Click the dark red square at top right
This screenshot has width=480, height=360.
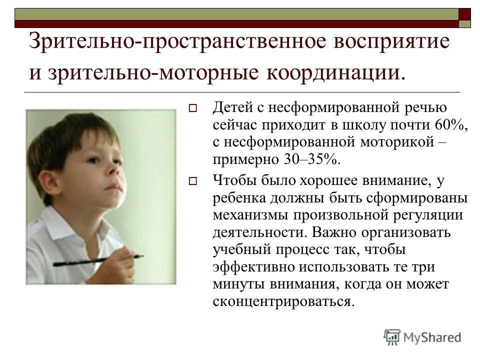[464, 13]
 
